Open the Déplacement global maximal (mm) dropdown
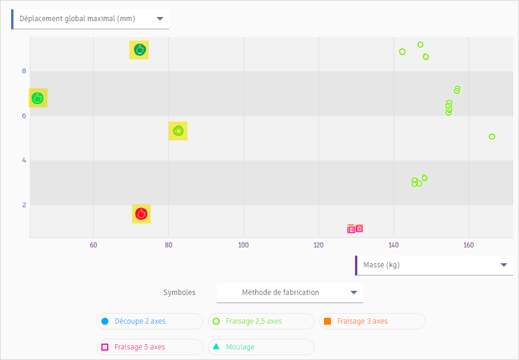pyautogui.click(x=90, y=19)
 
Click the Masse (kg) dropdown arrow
pyautogui.click(x=503, y=265)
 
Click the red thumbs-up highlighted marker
pyautogui.click(x=141, y=214)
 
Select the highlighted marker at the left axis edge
pyautogui.click(x=38, y=98)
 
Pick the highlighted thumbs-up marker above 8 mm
pyautogui.click(x=139, y=50)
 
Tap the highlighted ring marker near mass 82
pyautogui.click(x=178, y=131)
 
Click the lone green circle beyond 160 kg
pyautogui.click(x=492, y=137)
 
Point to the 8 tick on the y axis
pyautogui.click(x=24, y=72)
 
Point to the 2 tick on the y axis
pyautogui.click(x=24, y=205)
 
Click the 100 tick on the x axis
pyautogui.click(x=243, y=244)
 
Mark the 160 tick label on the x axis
pyautogui.click(x=468, y=244)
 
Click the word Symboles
pyautogui.click(x=179, y=293)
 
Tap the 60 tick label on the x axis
pyautogui.click(x=93, y=244)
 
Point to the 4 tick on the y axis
pyautogui.click(x=24, y=161)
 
